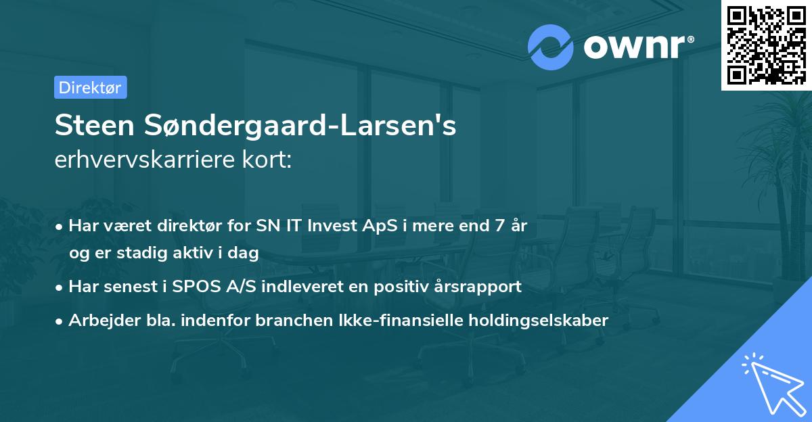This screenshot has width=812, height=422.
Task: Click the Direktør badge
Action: (x=90, y=87)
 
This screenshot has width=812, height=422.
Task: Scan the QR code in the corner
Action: (x=766, y=45)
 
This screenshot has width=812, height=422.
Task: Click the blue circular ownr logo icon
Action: (x=551, y=47)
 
